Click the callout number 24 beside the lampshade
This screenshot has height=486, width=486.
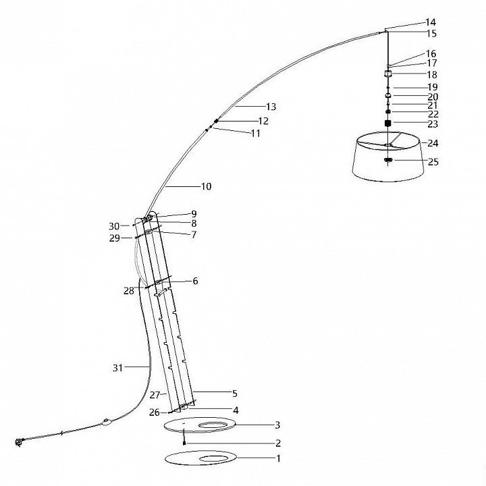pos(433,143)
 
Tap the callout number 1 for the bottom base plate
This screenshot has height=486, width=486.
pos(278,458)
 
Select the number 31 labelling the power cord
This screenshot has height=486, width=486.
pos(117,368)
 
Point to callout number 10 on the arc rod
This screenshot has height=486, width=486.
pos(206,186)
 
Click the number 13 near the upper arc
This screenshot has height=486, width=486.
pos(271,107)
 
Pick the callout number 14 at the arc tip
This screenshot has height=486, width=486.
pos(431,22)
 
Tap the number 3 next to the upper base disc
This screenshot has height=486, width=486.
pos(277,425)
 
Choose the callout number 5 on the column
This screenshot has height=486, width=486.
pos(235,394)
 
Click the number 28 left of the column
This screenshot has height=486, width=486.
pos(129,291)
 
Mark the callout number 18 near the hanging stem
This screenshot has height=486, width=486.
pos(432,75)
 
